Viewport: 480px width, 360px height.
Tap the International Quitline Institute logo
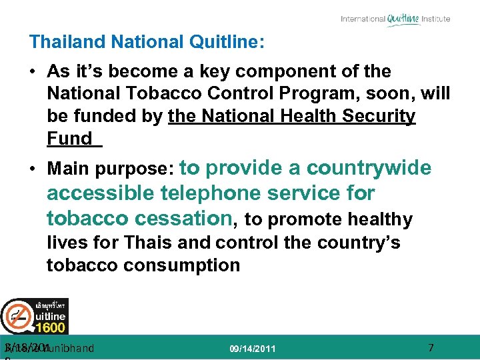point(395,19)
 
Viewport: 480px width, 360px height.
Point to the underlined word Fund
point(69,139)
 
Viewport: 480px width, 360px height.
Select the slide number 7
point(431,347)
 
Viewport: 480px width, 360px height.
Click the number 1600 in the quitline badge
point(51,327)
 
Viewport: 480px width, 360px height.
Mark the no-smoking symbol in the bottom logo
point(17,315)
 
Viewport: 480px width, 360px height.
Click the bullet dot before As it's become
point(33,71)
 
